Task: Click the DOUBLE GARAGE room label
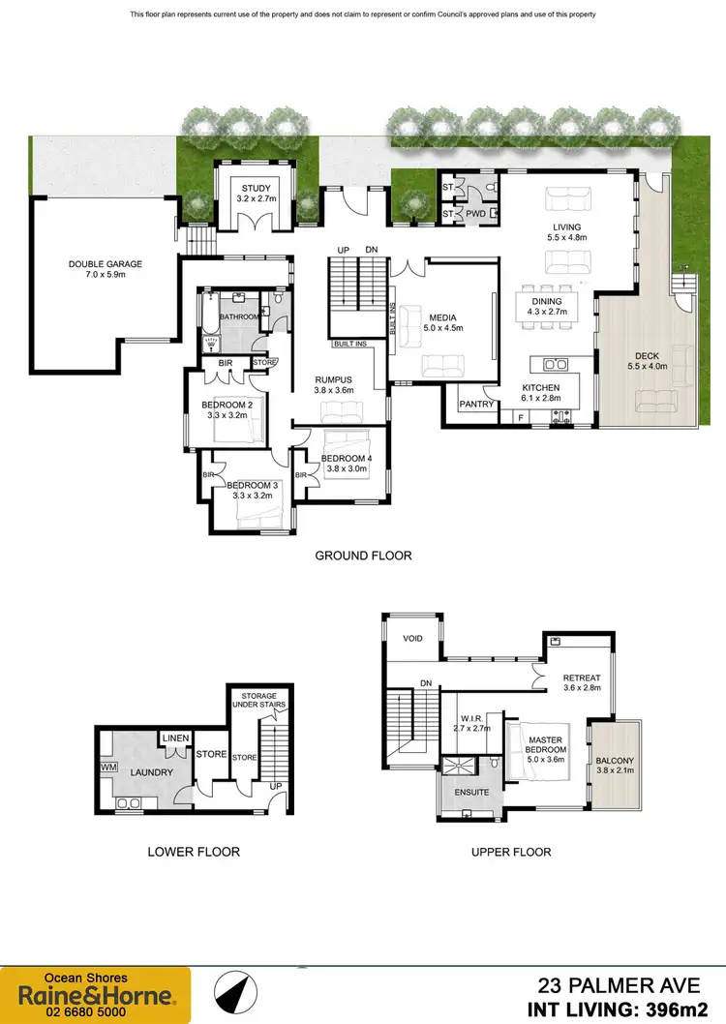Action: [x=105, y=263]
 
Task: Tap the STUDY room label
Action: [x=257, y=188]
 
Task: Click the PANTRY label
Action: [x=476, y=405]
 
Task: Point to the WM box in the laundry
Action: [x=106, y=768]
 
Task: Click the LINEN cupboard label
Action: [x=174, y=740]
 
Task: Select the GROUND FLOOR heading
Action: [x=363, y=556]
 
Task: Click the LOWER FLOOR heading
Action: [x=193, y=852]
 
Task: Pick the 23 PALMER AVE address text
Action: [x=619, y=986]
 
